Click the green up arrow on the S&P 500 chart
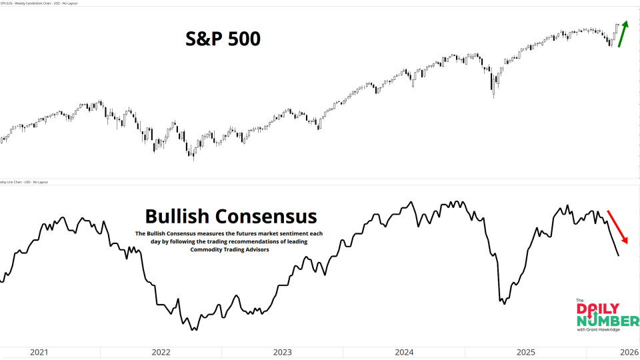623,34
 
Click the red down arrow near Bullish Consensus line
617,227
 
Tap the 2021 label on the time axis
40,353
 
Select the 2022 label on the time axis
161,353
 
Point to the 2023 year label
282,353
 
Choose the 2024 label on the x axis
404,353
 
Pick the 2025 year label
526,353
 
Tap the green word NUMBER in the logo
607,322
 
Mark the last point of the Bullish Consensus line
619,255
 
